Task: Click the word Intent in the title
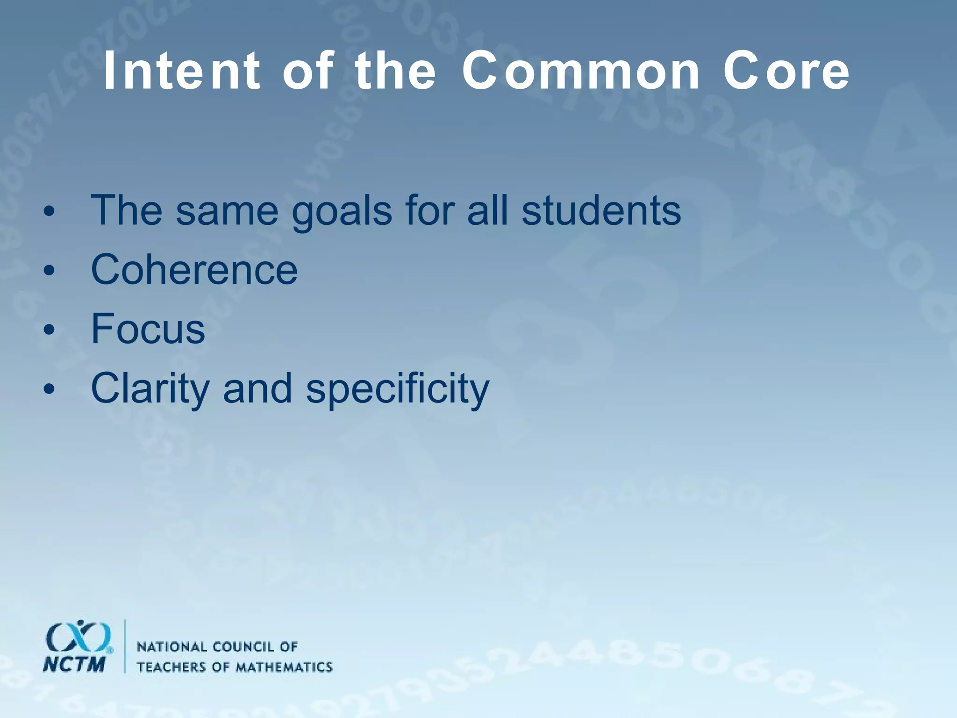181,71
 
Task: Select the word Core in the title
786,71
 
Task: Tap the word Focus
148,329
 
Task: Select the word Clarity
150,389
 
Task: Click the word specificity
397,389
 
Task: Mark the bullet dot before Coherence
49,271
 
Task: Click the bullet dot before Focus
49,330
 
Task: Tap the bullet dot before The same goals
49,212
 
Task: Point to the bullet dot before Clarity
49,389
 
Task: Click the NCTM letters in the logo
74,664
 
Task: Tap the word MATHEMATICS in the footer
284,667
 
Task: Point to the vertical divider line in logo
125,646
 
